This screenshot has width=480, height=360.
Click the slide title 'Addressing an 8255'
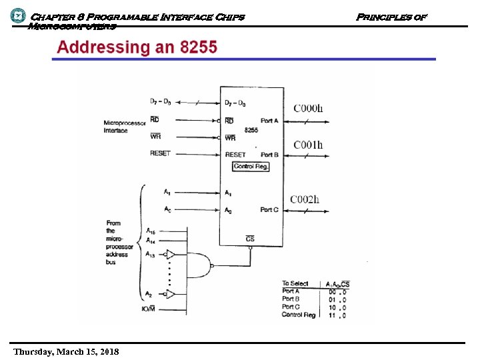coord(137,47)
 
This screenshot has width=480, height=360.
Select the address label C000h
coord(308,108)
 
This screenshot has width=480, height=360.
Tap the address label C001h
coord(308,145)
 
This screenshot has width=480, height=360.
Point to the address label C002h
coord(305,199)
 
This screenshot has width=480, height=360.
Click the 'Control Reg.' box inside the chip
coord(251,166)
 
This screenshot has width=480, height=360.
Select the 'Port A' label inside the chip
coord(269,121)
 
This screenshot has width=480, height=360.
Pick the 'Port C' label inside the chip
coord(269,209)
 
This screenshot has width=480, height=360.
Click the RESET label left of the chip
coord(160,153)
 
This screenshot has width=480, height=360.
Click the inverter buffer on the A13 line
coord(171,254)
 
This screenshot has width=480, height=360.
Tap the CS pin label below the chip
coord(250,239)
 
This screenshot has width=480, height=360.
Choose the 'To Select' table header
coord(295,284)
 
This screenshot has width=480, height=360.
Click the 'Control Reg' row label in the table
coord(298,315)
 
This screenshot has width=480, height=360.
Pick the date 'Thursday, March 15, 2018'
coord(66,351)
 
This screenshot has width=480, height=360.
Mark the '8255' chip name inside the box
coord(251,131)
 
